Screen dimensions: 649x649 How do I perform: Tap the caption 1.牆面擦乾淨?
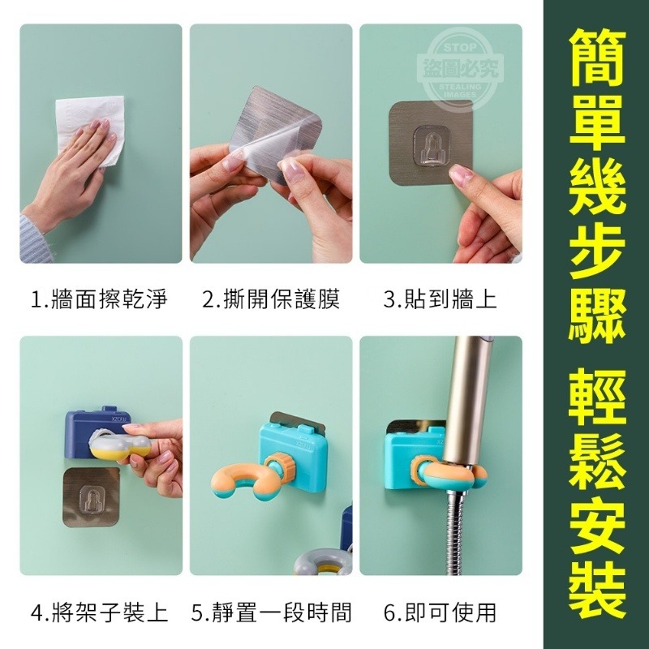(100, 300)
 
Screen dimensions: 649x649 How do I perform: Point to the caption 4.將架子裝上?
(100, 612)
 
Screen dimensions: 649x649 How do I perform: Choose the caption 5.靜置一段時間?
(271, 612)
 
